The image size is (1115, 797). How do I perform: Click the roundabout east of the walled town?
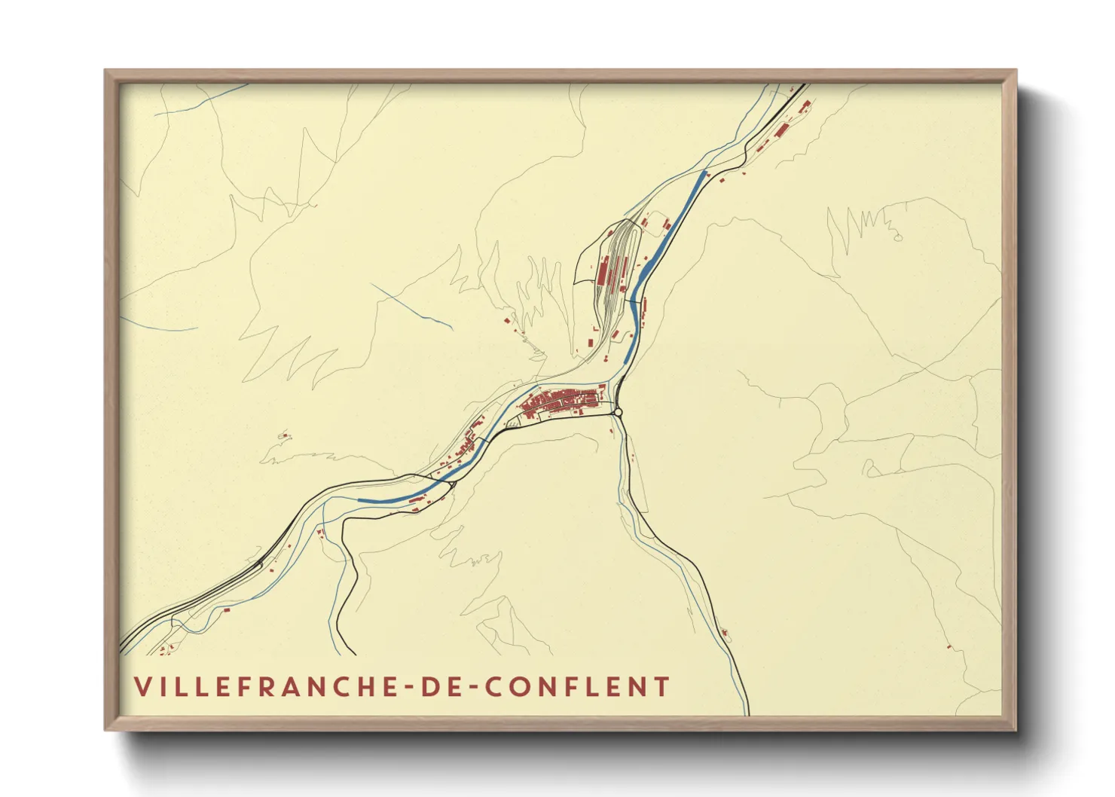pyautogui.click(x=619, y=412)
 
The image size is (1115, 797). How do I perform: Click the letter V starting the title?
pyautogui.click(x=141, y=687)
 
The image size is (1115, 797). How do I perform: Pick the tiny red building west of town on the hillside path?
pyautogui.click(x=284, y=435)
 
